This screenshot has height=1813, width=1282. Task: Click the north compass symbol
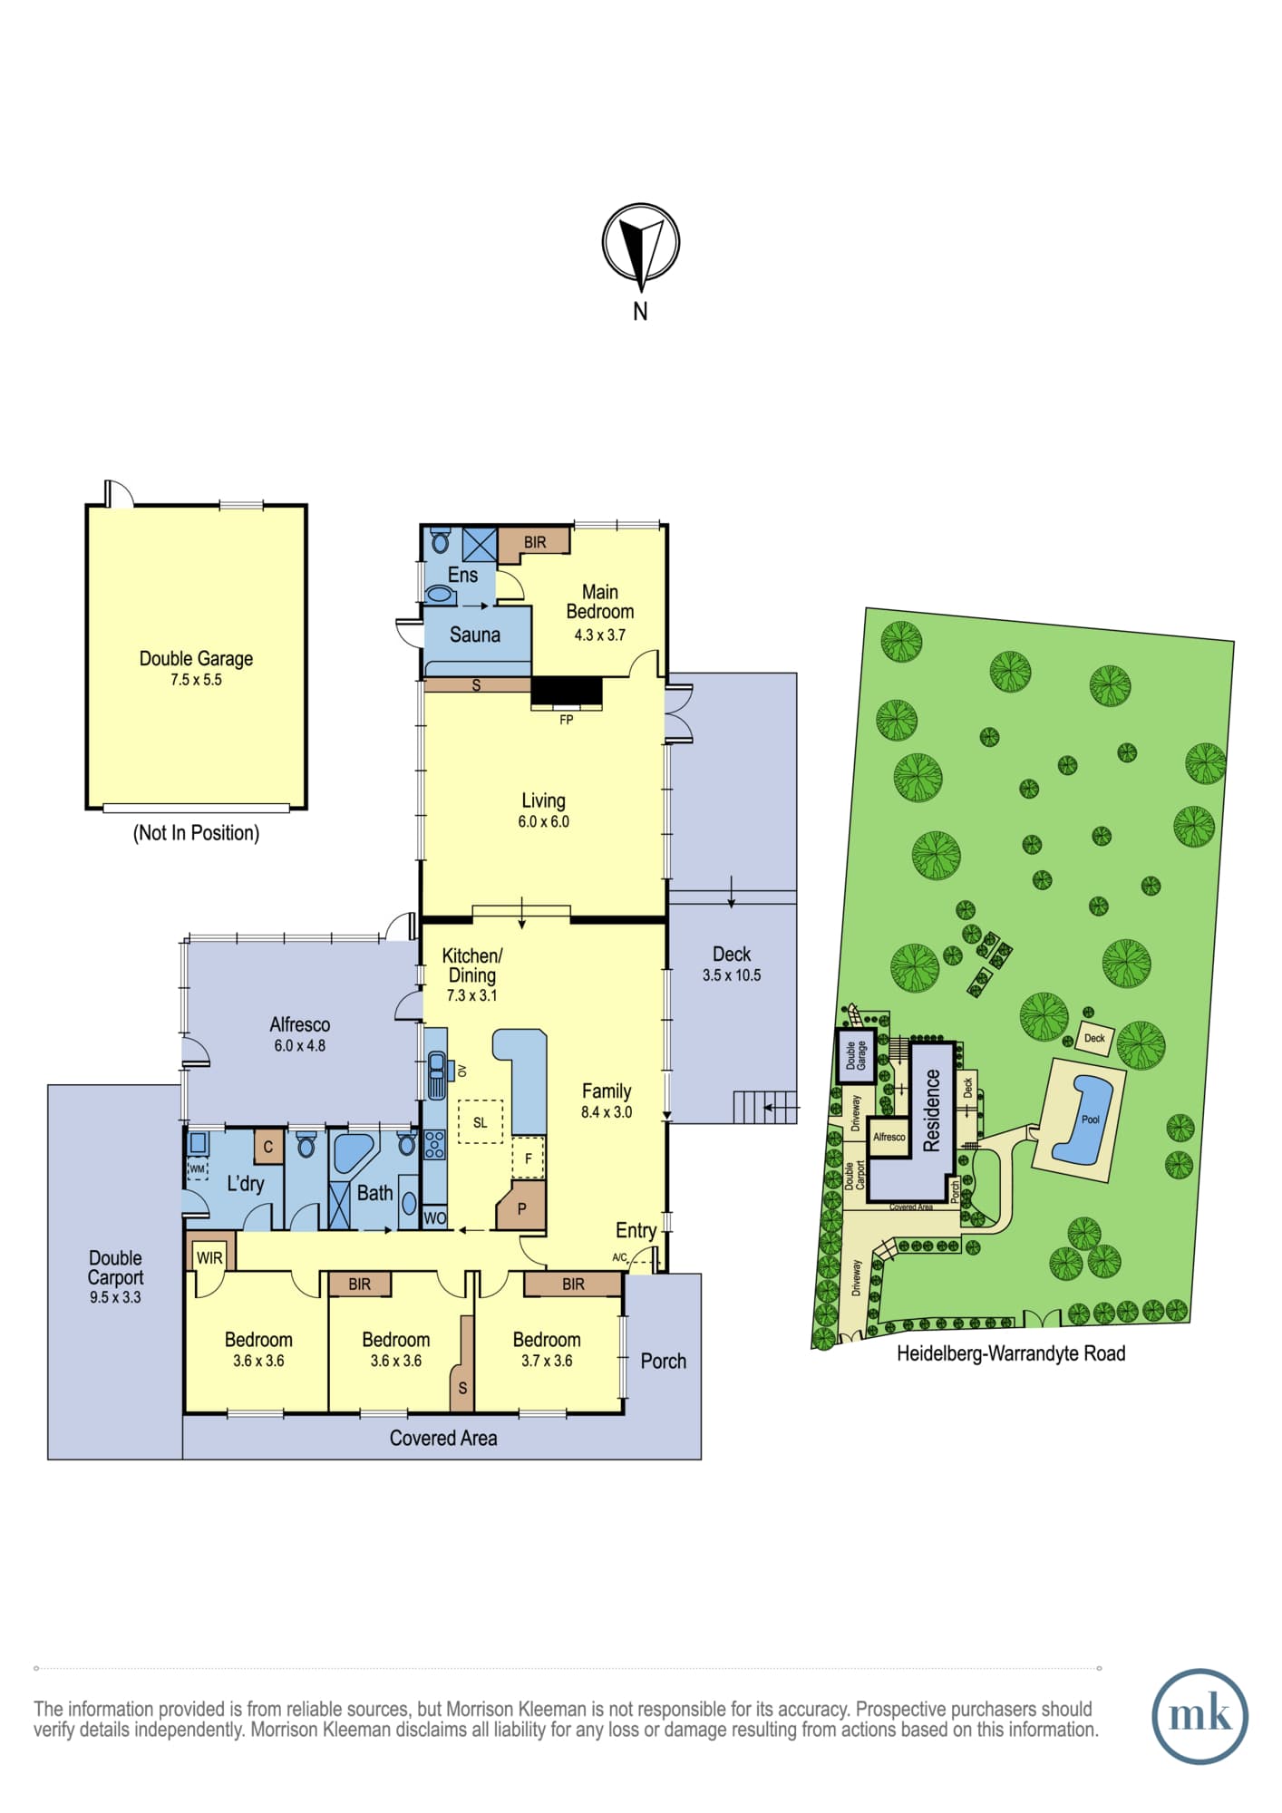coord(641,243)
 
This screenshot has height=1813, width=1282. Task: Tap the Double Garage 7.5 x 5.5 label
coord(196,668)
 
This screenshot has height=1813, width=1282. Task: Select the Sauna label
coord(475,635)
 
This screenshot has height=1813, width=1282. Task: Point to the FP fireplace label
coord(567,720)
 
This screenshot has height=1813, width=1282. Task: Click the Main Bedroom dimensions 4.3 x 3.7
coord(600,635)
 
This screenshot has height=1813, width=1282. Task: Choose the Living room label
coord(543,800)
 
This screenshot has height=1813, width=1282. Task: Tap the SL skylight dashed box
coord(481,1122)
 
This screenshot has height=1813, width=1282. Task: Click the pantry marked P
coord(521,1205)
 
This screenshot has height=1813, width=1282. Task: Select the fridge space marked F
coord(529,1159)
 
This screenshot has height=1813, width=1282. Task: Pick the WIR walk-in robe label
coord(209,1257)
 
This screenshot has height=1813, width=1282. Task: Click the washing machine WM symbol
coord(197,1169)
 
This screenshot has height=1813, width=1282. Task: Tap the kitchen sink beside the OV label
coord(437,1075)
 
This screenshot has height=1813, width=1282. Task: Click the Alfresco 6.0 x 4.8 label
coord(300,1033)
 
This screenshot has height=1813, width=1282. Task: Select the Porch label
coord(664,1361)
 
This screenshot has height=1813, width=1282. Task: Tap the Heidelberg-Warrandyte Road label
coord(1011,1353)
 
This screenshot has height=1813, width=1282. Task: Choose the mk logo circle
coord(1199,1716)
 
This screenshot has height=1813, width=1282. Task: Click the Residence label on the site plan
coord(932,1110)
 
